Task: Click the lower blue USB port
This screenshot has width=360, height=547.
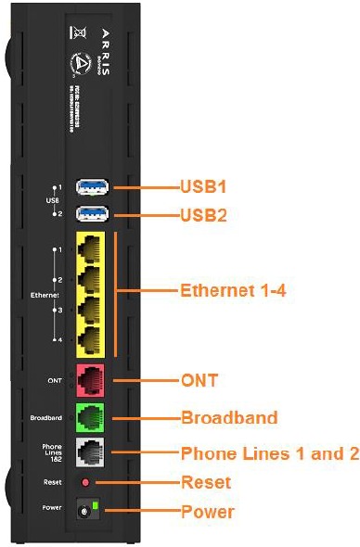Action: pos(93,214)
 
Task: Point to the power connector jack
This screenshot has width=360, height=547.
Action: pos(89,511)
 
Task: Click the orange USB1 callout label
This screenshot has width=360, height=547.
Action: pos(203,186)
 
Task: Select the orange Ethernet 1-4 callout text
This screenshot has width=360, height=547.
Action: pos(233,289)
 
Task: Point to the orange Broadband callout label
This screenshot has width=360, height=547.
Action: pos(228,417)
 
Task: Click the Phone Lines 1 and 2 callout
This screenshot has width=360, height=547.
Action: pos(268,453)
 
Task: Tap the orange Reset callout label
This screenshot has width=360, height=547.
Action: pos(205,482)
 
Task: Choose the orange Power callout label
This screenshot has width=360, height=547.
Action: pos(207,511)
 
